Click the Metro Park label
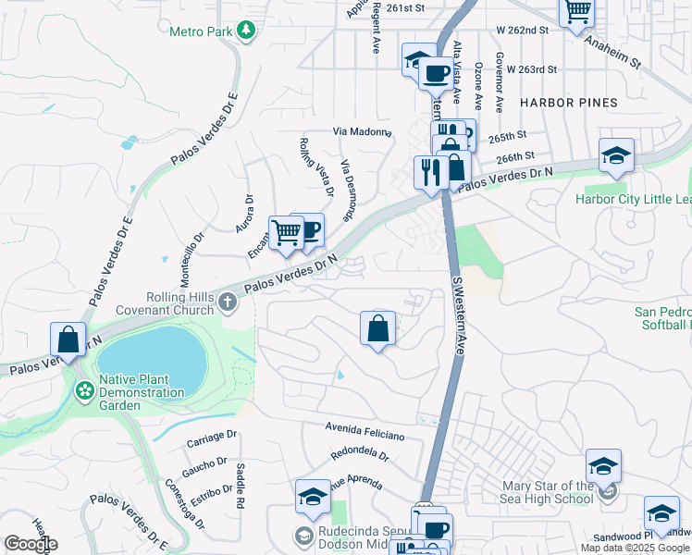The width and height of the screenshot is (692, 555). (200, 32)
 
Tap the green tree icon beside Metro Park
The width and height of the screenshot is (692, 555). (245, 32)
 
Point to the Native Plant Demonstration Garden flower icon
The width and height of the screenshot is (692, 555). (84, 390)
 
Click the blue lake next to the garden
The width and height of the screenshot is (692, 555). (153, 361)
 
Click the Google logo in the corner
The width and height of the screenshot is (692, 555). (31, 543)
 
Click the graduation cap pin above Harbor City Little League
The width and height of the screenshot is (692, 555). (616, 156)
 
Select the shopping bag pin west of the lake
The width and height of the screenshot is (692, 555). (68, 339)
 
